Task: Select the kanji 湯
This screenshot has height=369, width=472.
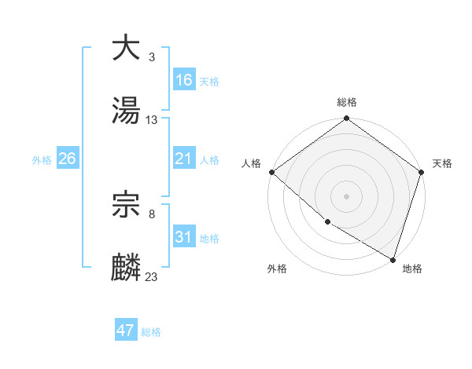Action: (127, 111)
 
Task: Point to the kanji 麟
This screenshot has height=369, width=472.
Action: (127, 268)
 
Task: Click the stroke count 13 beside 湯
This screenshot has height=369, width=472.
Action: (152, 119)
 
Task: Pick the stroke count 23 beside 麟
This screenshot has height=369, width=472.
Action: (152, 276)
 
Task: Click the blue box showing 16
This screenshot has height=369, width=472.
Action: (184, 80)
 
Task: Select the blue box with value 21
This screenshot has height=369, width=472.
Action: (184, 159)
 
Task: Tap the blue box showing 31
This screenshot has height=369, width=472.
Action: (184, 237)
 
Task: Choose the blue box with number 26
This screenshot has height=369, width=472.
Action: (67, 159)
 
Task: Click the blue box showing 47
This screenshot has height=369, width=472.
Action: (126, 331)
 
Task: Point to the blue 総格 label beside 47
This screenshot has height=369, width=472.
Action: (151, 332)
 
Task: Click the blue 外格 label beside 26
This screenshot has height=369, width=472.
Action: (42, 160)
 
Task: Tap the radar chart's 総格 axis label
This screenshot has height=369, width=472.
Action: (347, 102)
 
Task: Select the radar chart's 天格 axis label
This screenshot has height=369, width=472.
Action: (442, 163)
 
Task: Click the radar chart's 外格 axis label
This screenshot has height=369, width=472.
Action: (277, 269)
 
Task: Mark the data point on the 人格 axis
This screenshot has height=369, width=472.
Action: (271, 172)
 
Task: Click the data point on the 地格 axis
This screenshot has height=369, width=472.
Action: (393, 259)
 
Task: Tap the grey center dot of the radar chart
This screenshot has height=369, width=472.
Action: (347, 196)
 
